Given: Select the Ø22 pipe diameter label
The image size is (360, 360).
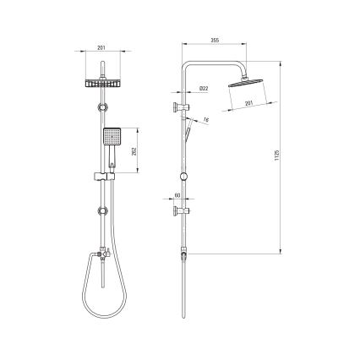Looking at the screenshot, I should click(205, 87).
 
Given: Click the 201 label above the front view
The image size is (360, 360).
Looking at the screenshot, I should click(102, 48).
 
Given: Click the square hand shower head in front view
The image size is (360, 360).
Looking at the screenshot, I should click(111, 137).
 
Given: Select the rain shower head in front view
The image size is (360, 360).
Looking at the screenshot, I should click(102, 84).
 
